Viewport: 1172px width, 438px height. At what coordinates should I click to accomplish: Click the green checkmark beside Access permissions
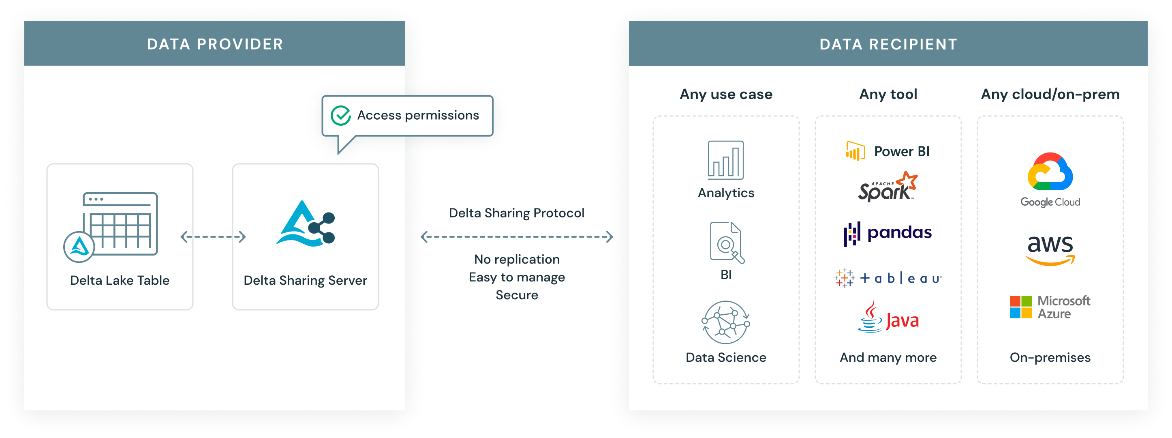coord(340,116)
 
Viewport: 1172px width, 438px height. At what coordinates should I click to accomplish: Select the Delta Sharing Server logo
coord(305,224)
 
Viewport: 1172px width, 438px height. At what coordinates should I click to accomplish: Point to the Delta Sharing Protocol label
coord(516,213)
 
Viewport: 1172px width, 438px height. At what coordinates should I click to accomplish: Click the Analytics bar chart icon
coord(726,160)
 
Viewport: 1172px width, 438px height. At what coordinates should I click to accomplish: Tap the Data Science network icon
coord(726,322)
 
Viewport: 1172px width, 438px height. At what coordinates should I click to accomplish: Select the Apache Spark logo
coord(888,187)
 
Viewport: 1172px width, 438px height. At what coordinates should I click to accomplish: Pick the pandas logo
coord(888,234)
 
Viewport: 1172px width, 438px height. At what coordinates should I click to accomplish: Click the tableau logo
coord(888,278)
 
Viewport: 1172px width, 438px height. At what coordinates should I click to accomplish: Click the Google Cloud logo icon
coord(1050,172)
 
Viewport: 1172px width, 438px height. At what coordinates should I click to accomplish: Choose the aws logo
coord(1050,249)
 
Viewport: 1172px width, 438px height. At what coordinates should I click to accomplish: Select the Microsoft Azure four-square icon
coord(1020,307)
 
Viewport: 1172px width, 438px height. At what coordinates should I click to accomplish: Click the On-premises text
coord(1050,357)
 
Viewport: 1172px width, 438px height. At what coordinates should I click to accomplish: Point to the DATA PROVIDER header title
coord(215,44)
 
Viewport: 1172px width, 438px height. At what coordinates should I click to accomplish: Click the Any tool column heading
coord(888,94)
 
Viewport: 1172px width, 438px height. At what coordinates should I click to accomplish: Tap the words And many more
coord(888,357)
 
